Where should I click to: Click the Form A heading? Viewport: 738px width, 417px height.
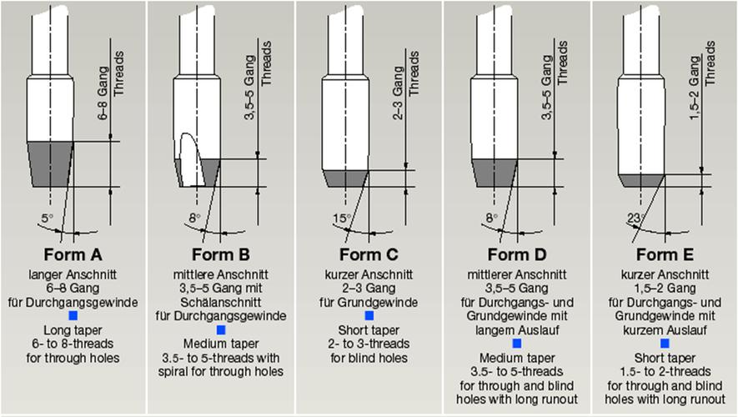(73, 254)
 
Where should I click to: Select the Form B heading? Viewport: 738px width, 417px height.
(221, 254)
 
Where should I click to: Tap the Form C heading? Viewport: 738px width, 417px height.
(369, 254)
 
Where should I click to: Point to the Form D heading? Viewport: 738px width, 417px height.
(517, 254)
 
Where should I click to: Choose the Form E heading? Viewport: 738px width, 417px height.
(665, 254)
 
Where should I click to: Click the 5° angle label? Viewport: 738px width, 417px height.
(47, 219)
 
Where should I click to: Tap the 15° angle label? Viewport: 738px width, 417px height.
(342, 219)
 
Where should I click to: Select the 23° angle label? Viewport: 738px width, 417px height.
(636, 219)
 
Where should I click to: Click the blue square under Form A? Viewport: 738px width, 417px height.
(73, 315)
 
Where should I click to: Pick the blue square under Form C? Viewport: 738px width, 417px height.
(369, 315)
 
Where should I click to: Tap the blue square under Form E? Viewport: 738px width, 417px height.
(665, 343)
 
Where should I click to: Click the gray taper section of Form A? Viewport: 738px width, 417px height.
(50, 163)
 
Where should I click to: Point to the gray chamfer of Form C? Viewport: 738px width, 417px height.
(345, 178)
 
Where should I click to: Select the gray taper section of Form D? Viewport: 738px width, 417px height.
(495, 173)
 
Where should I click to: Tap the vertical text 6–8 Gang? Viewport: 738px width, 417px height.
(103, 93)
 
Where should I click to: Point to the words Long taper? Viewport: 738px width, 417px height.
(73, 330)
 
